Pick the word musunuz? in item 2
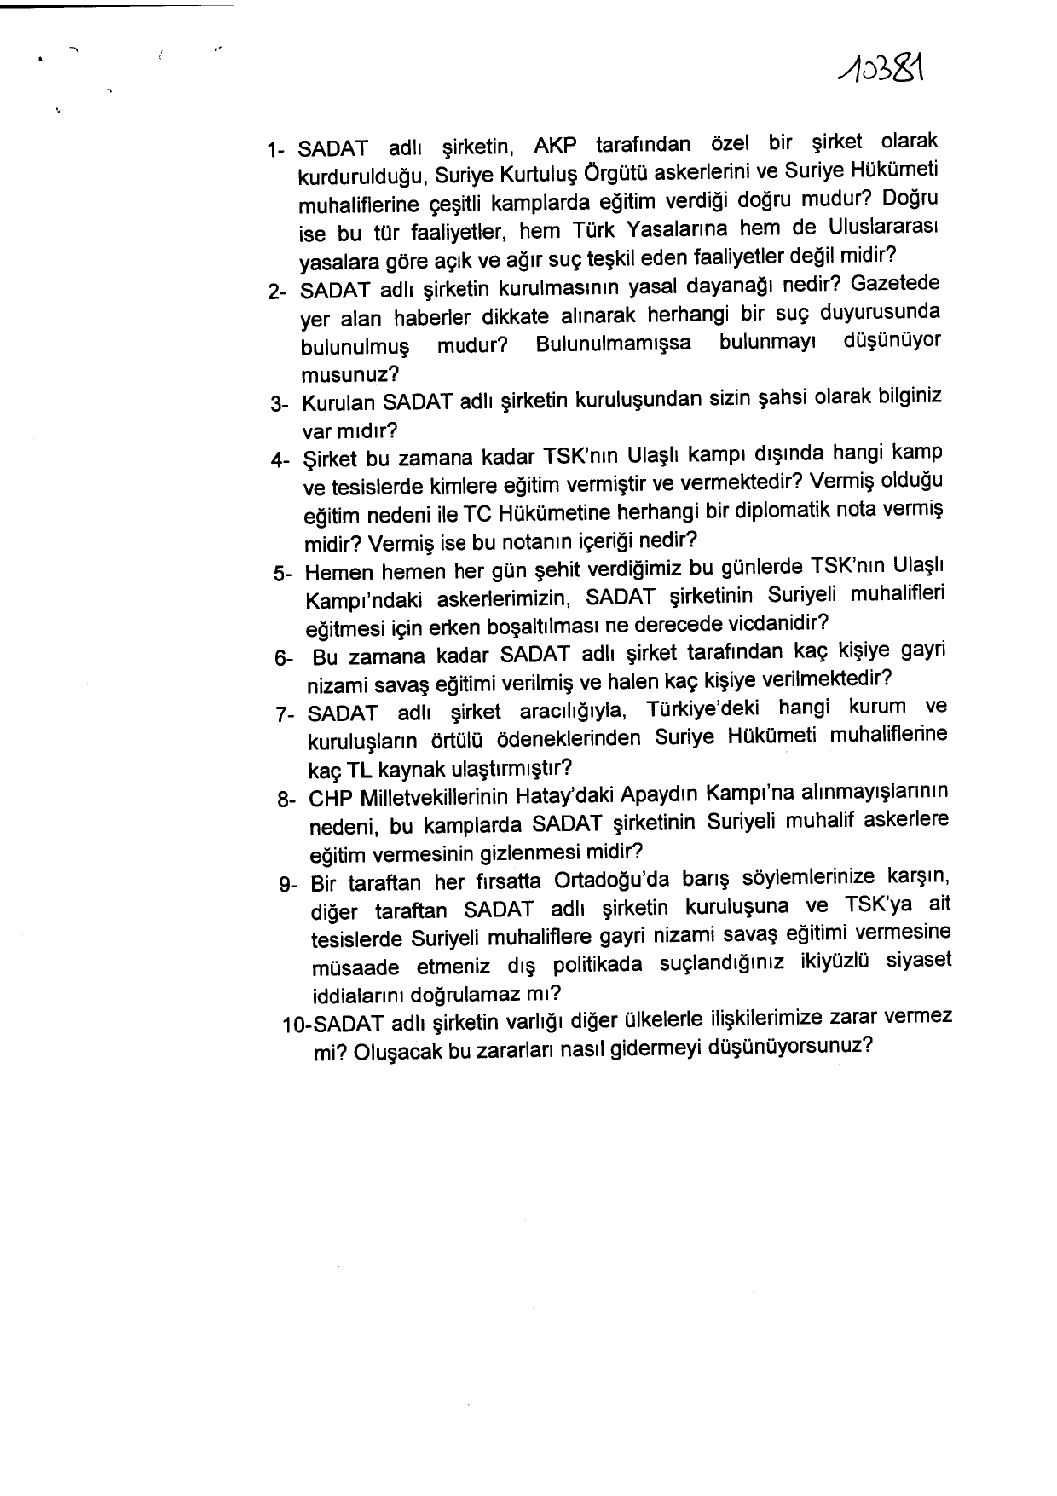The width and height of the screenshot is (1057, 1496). (x=349, y=374)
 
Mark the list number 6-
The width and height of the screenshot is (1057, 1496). (x=284, y=659)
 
